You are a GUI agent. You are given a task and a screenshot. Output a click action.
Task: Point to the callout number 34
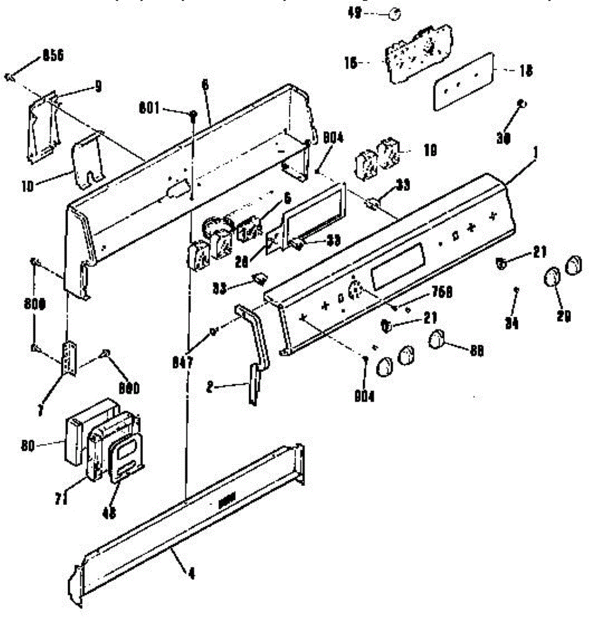click(513, 323)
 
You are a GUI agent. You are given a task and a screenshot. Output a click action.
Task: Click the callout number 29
click(564, 316)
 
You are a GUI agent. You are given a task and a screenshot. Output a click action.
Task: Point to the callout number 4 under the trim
click(191, 574)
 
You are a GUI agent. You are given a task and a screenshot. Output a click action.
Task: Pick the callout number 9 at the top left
click(97, 87)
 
